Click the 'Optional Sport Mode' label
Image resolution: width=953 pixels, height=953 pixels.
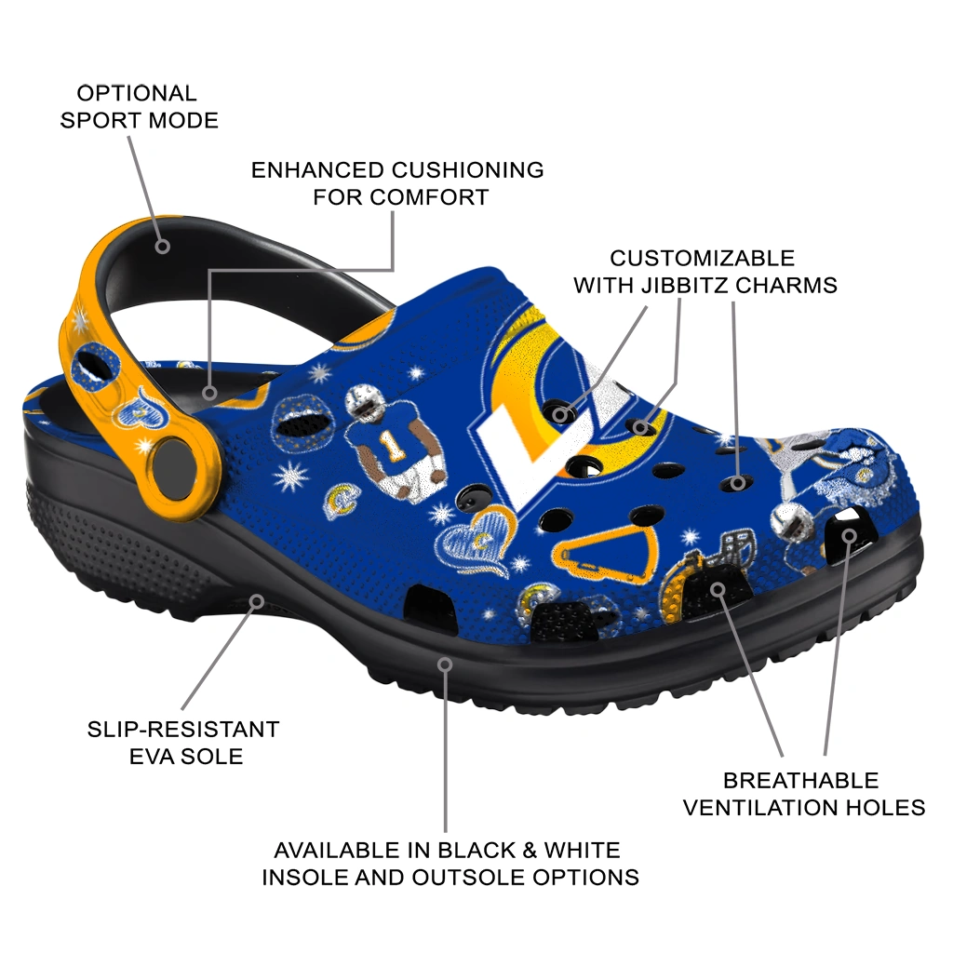coord(140,106)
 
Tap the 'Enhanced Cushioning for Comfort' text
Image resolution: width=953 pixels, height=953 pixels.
coord(397,183)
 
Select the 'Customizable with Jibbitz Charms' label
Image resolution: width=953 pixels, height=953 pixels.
coord(705,271)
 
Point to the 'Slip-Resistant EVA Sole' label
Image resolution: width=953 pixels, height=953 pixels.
coord(183,742)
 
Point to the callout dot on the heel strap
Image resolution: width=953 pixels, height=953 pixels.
coord(162,246)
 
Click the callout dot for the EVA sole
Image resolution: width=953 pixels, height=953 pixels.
coord(257,602)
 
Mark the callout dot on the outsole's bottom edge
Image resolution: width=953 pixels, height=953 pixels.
coord(446,664)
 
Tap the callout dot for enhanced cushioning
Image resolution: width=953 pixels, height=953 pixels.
coord(209,393)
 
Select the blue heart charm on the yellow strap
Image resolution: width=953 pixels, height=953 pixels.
coord(144,406)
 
